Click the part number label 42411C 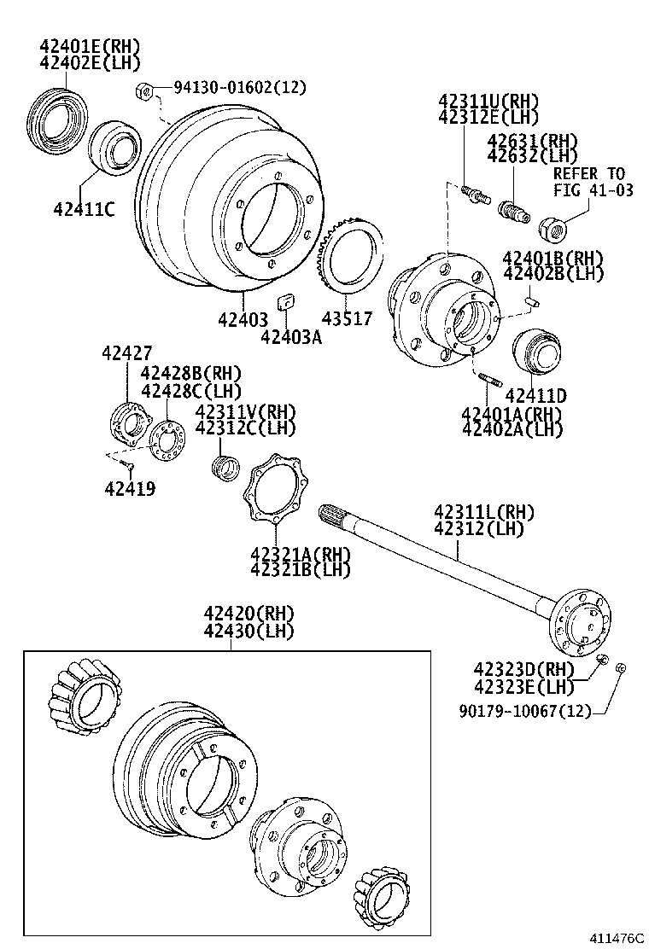point(84,208)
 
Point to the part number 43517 point(347,318)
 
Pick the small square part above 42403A point(287,300)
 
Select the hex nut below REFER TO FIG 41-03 point(551,226)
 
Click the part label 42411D point(536,395)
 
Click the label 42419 point(130,489)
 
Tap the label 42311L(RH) point(484,512)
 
